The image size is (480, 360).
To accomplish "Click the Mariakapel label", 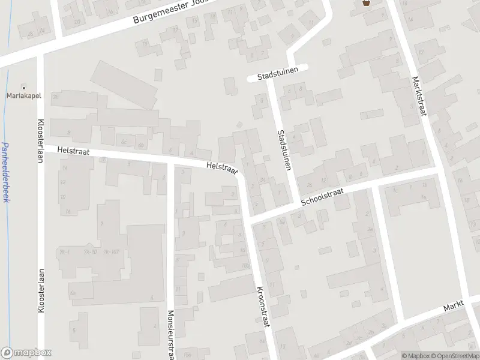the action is pos(23,95).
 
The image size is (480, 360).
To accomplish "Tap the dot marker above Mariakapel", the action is pos(24,87).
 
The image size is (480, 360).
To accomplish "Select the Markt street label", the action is pos(454,307).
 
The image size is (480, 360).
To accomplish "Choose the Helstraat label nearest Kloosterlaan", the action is pos(73,152).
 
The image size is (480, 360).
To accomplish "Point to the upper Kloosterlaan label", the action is pos(41,138).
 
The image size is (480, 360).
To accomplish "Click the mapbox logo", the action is pos(26,353).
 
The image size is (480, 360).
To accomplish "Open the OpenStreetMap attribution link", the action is pos(454,355).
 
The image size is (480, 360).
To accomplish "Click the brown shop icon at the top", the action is pos(366,4).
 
